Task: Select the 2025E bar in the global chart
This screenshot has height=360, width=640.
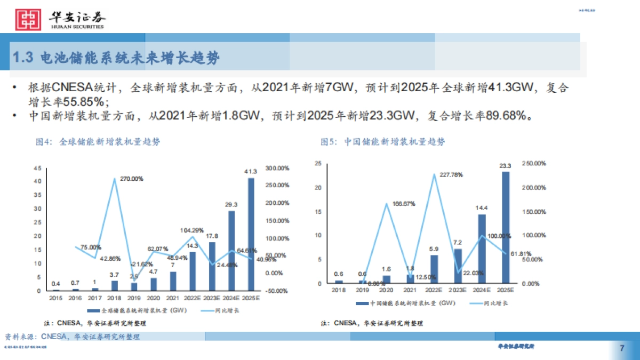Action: pos(251,235)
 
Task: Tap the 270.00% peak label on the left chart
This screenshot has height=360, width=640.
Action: pos(131,179)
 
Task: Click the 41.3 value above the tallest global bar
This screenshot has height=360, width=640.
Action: pos(251,171)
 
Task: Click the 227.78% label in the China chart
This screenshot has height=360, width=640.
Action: pos(451,174)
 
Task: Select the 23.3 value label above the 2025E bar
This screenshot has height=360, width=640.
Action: pos(505,165)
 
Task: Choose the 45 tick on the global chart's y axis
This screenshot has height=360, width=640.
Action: pos(37,168)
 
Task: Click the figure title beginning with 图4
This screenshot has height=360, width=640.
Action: pos(98,142)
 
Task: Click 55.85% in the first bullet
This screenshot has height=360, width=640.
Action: pos(82,101)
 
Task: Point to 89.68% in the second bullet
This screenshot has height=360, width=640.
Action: pos(506,115)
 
